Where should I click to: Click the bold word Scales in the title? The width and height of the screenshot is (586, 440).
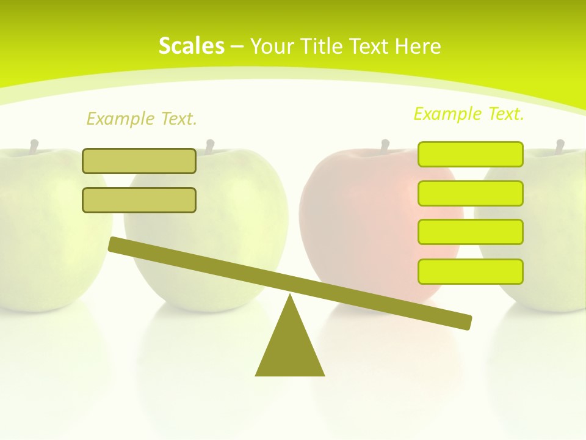191,46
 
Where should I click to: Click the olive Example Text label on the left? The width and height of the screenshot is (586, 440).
142,119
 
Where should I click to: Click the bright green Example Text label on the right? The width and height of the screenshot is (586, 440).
469,114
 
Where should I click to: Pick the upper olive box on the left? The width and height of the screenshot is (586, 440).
139,161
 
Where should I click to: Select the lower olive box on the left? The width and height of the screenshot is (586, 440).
139,200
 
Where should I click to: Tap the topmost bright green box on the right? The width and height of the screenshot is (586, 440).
470,154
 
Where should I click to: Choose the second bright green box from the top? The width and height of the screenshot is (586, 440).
470,193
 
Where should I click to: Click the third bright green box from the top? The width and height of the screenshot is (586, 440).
470,232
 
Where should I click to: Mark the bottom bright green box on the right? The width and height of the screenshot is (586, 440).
470,271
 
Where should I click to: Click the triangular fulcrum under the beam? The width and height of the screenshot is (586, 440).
290,348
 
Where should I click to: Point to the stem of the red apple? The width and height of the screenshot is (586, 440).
385,147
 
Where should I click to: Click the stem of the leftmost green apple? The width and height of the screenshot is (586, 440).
34,147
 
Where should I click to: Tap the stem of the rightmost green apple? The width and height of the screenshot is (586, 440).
560,147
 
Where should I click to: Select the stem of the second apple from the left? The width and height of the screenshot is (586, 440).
210,147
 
